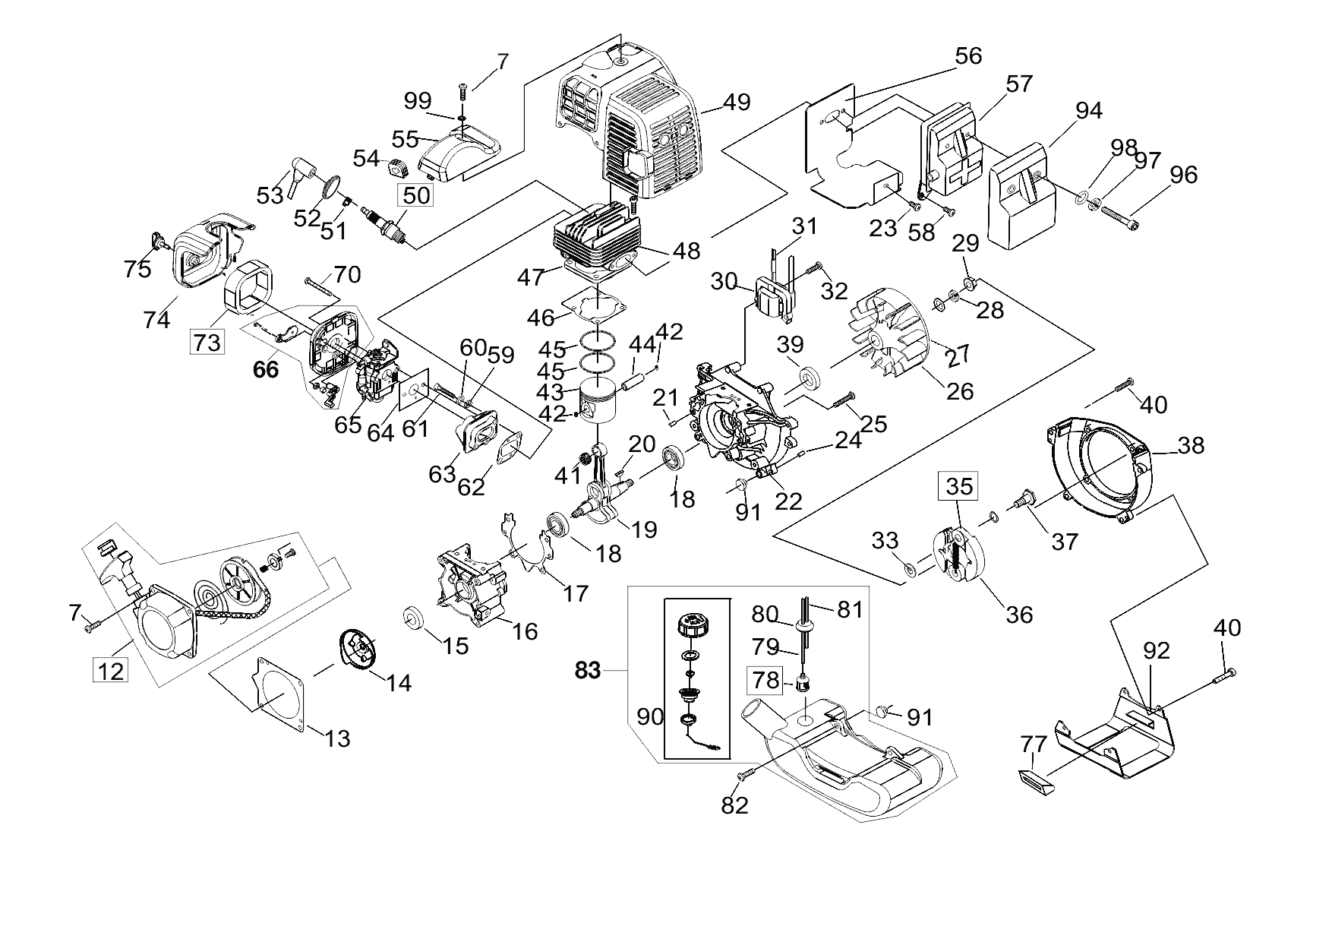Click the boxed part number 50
click(416, 195)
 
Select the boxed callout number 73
click(207, 342)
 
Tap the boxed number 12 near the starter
click(111, 671)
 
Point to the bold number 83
click(588, 671)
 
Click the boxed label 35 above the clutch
click(959, 485)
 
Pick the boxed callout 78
click(765, 680)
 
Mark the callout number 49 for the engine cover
click(736, 102)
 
